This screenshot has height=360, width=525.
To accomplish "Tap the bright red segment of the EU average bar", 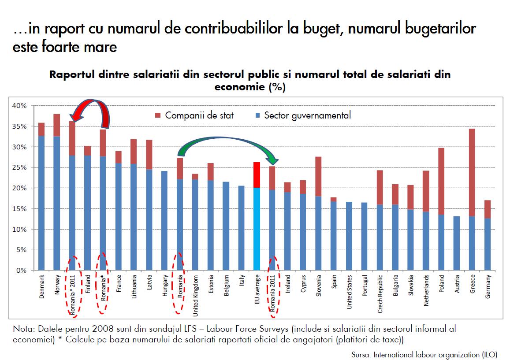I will click(257, 175).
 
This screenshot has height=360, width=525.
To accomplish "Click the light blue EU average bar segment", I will click(257, 229).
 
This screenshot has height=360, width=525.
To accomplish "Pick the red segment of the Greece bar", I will click(473, 172).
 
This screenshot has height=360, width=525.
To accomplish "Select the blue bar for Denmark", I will click(41, 203).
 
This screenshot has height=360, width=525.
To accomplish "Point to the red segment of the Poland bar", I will click(442, 181).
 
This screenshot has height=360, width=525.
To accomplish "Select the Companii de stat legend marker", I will click(158, 116).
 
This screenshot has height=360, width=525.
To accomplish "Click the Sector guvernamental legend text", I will click(307, 116).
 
